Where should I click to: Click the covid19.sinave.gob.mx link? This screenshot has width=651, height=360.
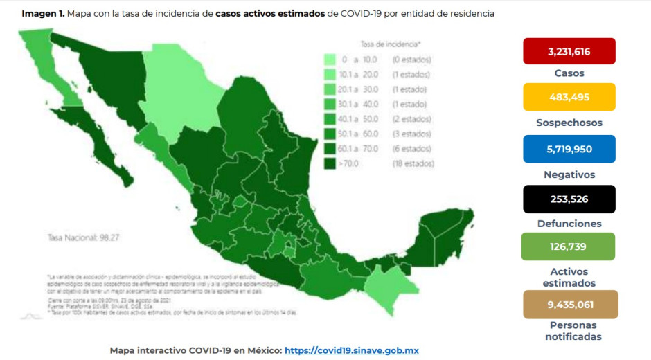pyautogui.click(x=351, y=351)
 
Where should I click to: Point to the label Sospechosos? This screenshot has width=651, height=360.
pyautogui.click(x=569, y=123)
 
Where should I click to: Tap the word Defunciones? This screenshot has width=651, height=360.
pyautogui.click(x=569, y=224)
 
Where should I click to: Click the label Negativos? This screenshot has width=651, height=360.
pyautogui.click(x=569, y=174)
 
